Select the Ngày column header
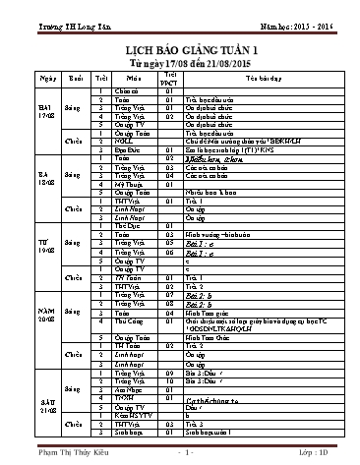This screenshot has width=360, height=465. pos(43,76)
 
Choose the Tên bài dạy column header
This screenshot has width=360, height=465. pos(258,76)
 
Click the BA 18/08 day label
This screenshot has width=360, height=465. pos(43,181)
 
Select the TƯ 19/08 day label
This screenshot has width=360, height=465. pos(43,247)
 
